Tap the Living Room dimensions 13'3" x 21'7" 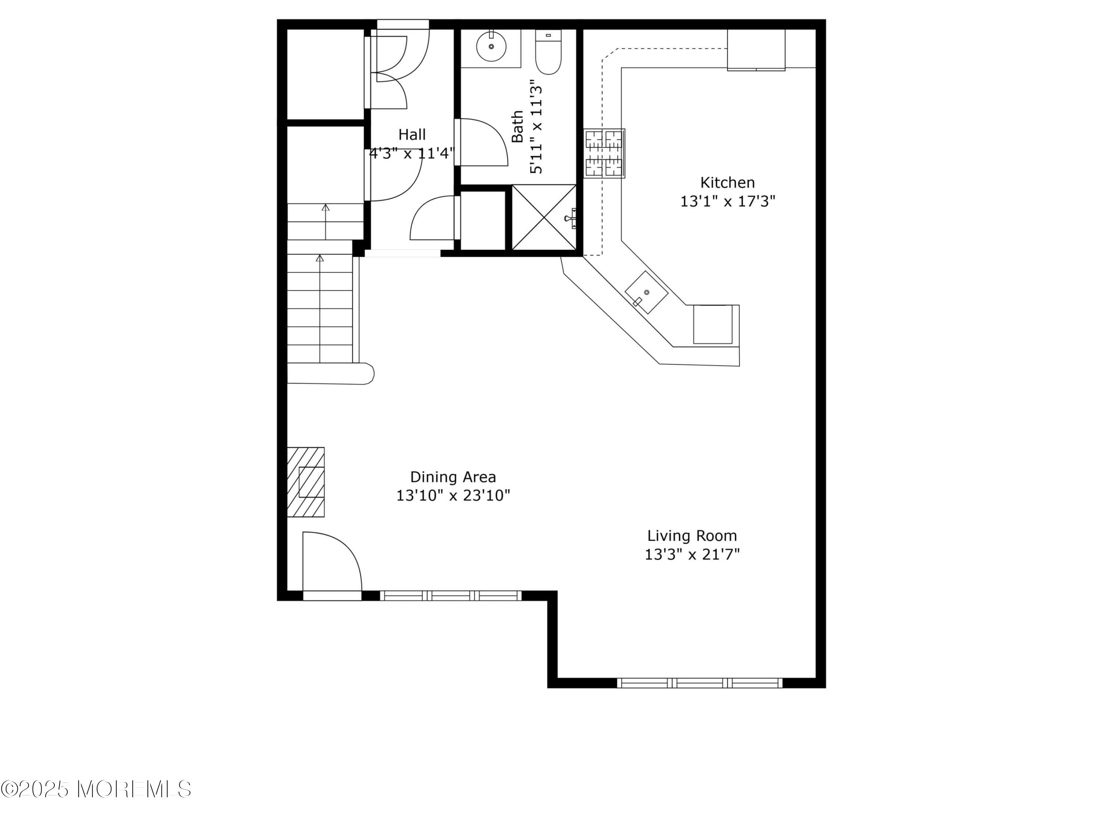[692, 554]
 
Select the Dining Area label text [453, 477]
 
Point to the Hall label [412, 135]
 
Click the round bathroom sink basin [491, 46]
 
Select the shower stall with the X [544, 217]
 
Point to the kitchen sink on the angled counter [646, 293]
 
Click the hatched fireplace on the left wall [306, 482]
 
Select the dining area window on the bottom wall [450, 595]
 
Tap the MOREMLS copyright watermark [96, 789]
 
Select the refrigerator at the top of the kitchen [756, 50]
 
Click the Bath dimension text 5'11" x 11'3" [536, 127]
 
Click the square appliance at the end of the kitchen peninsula [713, 324]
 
